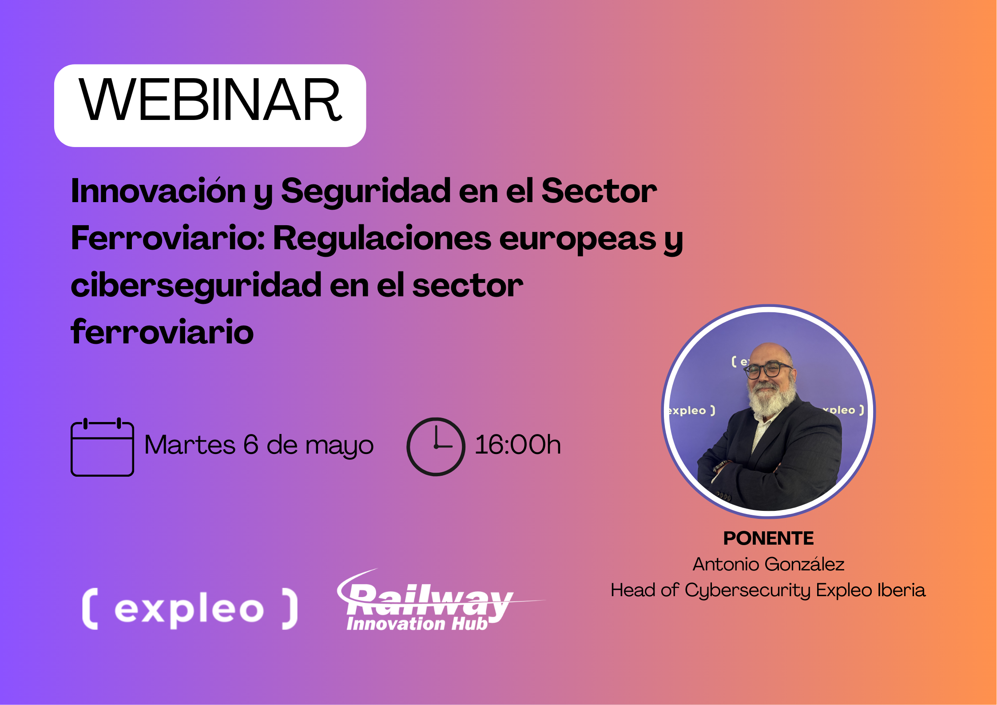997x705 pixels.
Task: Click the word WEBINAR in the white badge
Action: click(210, 100)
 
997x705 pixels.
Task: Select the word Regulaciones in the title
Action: click(382, 238)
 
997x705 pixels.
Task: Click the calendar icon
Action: click(102, 447)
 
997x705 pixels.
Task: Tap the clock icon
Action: click(436, 447)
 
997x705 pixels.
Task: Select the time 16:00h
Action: click(518, 445)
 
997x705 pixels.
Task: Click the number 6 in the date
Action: click(251, 445)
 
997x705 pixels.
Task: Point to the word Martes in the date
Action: click(190, 445)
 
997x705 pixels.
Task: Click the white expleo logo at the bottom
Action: click(190, 609)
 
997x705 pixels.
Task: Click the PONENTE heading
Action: click(769, 538)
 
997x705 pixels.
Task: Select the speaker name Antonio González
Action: click(769, 564)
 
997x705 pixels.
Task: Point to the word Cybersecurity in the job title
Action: click(748, 591)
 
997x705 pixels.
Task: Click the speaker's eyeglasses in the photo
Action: click(769, 370)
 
